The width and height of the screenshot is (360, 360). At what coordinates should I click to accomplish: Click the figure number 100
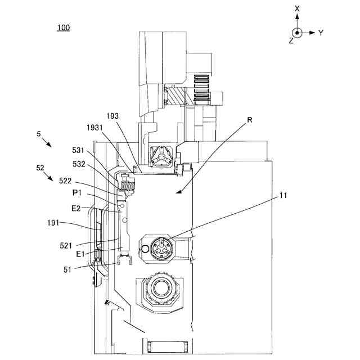click(x=64, y=28)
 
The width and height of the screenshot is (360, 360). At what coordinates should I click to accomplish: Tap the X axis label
click(x=297, y=9)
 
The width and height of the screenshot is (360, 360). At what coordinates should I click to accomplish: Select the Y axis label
click(x=321, y=33)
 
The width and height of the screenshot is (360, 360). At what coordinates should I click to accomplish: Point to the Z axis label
click(x=291, y=41)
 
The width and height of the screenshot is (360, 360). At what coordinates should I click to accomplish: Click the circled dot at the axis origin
click(x=297, y=32)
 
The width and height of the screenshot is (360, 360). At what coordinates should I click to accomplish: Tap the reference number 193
click(x=112, y=115)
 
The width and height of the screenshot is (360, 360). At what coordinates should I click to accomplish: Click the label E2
click(x=77, y=208)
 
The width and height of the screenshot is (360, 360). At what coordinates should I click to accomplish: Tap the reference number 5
click(x=38, y=134)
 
